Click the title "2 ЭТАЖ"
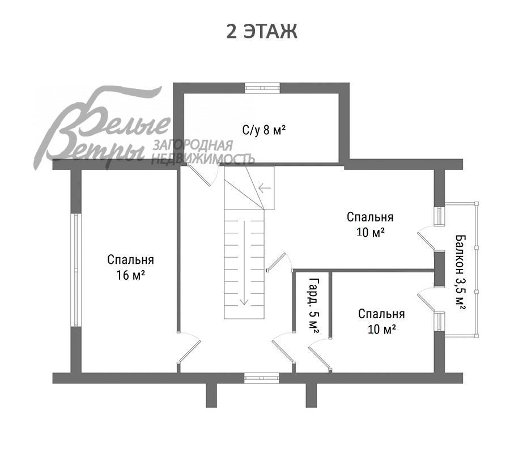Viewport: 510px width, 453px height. pyautogui.click(x=261, y=32)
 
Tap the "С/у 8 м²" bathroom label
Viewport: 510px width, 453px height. pyautogui.click(x=264, y=130)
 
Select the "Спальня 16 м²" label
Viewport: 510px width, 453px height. pyautogui.click(x=130, y=267)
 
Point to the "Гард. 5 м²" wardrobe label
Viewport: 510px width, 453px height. pyautogui.click(x=313, y=306)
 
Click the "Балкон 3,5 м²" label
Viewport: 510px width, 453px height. pyautogui.click(x=460, y=272)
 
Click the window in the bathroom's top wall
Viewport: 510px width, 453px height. pyautogui.click(x=262, y=88)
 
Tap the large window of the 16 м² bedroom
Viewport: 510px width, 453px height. pyautogui.click(x=76, y=270)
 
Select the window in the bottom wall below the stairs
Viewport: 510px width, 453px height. pyautogui.click(x=262, y=378)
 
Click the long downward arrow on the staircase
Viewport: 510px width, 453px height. pyautogui.click(x=244, y=263)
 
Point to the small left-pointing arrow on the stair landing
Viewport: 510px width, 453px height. pyautogui.click(x=265, y=187)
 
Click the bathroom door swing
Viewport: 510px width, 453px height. pyautogui.click(x=202, y=175)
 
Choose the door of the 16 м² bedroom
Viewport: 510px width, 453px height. pyautogui.click(x=189, y=351)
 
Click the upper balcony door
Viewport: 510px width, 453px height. pyautogui.click(x=426, y=239)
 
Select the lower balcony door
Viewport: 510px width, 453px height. pyautogui.click(x=426, y=300)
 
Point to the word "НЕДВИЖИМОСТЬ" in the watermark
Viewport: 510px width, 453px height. pyautogui.click(x=203, y=159)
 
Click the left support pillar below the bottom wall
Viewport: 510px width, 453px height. pyautogui.click(x=211, y=395)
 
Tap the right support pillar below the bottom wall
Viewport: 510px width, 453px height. pyautogui.click(x=311, y=395)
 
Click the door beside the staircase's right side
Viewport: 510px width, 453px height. pyautogui.click(x=278, y=262)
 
